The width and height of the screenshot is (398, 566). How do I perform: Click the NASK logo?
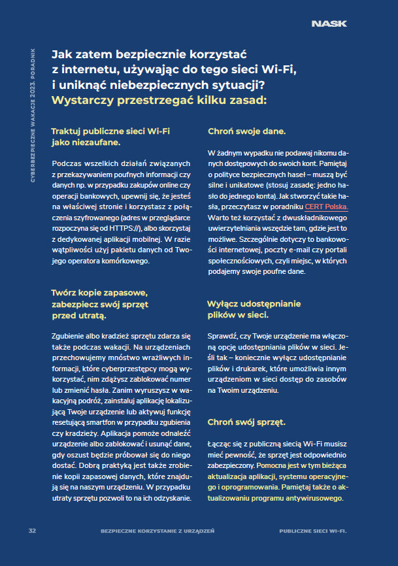pyautogui.click(x=329, y=24)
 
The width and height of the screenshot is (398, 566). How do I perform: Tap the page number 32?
pyautogui.click(x=31, y=530)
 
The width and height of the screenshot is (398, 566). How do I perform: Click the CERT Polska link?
pyautogui.click(x=331, y=207)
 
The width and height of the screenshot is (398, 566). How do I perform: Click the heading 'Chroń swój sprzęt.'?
pyautogui.click(x=246, y=423)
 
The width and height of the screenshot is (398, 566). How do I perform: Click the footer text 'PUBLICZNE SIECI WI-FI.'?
pyautogui.click(x=312, y=530)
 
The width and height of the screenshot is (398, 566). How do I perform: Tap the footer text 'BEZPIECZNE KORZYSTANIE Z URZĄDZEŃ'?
pyautogui.click(x=158, y=530)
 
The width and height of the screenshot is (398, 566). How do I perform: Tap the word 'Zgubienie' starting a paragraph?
pyautogui.click(x=69, y=335)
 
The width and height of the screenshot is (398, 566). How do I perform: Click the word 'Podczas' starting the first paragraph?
pyautogui.click(x=67, y=163)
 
